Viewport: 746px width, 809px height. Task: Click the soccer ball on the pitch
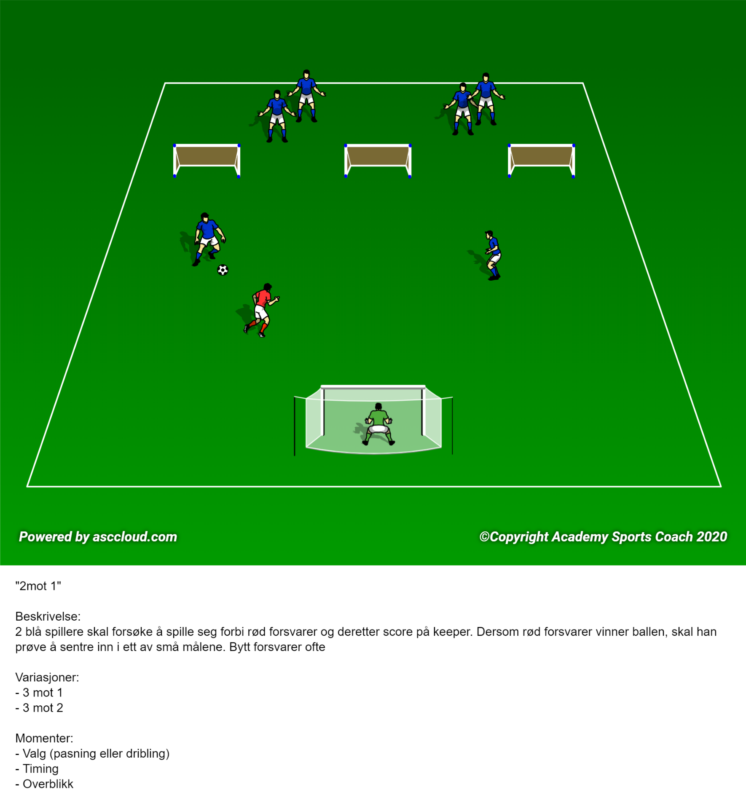pos(223,270)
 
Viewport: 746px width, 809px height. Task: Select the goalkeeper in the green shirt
pos(378,424)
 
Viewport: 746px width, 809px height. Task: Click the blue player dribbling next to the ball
pos(209,239)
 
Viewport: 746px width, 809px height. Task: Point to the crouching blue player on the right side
pos(493,255)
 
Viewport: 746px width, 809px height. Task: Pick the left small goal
pos(207,161)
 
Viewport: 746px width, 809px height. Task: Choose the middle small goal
pos(378,161)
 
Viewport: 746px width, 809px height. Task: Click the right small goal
pos(542,161)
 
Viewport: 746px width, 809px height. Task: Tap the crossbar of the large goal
pos(373,387)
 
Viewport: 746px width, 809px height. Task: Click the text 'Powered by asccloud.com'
pos(98,537)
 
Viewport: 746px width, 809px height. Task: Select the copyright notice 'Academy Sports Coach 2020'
pos(639,537)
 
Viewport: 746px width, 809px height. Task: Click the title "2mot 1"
pos(38,586)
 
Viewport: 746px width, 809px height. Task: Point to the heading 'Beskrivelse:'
pos(48,616)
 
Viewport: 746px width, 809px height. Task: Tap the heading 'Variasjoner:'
pos(47,677)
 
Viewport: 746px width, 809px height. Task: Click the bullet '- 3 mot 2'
pos(39,708)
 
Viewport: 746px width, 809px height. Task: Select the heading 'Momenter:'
pos(44,738)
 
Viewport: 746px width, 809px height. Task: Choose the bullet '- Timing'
pos(37,769)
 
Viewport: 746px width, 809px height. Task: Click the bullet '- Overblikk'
pos(44,784)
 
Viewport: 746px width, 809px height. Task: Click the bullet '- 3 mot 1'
pos(39,693)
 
